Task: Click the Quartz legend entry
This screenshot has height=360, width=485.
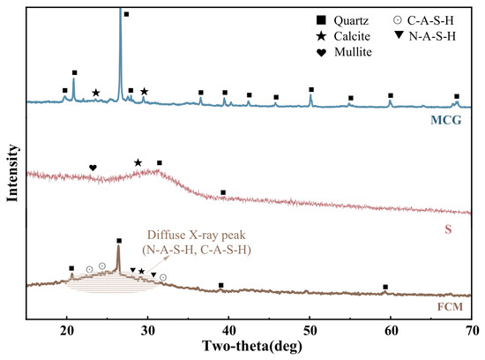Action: [342, 21]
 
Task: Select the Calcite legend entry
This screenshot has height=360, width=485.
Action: [343, 36]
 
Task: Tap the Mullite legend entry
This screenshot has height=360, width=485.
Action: [344, 52]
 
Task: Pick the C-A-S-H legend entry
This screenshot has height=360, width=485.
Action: [423, 20]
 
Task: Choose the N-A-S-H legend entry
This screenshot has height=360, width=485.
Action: [425, 36]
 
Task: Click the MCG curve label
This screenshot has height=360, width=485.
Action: [445, 120]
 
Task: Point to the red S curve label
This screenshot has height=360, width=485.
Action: [448, 229]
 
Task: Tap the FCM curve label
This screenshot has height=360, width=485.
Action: [450, 307]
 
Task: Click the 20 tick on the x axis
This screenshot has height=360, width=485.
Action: [66, 331]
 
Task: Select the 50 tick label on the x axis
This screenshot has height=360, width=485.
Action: [310, 331]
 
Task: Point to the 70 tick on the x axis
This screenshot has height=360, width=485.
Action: [472, 331]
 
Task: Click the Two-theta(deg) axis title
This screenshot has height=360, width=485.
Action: [252, 346]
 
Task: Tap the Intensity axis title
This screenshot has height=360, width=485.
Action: [12, 173]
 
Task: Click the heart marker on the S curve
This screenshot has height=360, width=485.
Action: [93, 168]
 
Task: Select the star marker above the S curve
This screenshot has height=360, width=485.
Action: [138, 162]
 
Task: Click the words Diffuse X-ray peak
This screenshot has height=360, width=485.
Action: [196, 236]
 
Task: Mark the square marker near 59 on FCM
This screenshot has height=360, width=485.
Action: [385, 287]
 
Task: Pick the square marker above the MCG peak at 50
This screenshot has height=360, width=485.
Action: [311, 90]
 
